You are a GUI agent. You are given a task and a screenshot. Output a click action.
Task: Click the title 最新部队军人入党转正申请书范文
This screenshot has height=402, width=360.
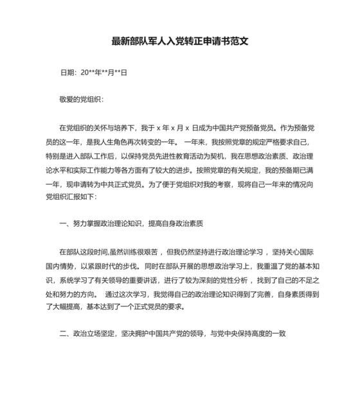click(x=179, y=41)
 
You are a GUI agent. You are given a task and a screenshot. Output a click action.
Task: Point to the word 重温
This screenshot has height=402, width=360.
click(x=267, y=265)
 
